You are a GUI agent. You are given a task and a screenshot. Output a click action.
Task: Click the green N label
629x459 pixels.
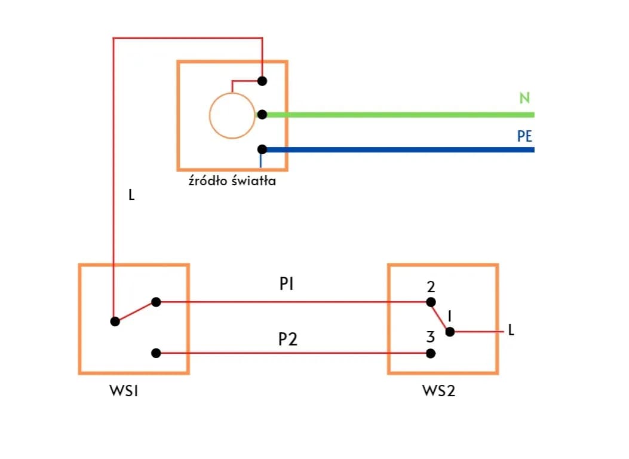click(x=524, y=99)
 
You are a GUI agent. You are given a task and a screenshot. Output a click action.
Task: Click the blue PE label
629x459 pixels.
click(x=524, y=136)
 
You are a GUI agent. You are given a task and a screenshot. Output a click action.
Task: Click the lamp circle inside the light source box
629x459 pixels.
click(x=232, y=116)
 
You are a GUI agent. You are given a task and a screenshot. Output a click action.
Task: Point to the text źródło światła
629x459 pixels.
click(x=232, y=180)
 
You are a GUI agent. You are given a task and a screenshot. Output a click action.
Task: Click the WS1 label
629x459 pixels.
click(x=124, y=391)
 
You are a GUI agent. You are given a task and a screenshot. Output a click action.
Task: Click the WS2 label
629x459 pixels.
click(x=439, y=391)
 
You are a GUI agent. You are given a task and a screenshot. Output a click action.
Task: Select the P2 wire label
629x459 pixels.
click(x=288, y=339)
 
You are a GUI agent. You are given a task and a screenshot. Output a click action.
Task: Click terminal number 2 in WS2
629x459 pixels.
click(x=431, y=287)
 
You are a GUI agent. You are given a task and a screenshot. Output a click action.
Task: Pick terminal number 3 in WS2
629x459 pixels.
click(x=430, y=337)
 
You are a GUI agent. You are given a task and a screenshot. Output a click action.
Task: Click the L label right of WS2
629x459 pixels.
click(x=510, y=330)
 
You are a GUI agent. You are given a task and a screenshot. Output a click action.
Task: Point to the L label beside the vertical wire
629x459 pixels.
click(x=131, y=195)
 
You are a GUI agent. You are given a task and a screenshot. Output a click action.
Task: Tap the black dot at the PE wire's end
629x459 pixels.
click(x=262, y=149)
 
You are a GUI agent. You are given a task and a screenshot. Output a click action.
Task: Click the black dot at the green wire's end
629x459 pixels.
click(x=262, y=115)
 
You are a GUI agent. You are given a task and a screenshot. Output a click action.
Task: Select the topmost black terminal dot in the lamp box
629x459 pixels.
click(x=262, y=81)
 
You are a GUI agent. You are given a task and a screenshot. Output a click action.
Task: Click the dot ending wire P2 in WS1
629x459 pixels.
click(x=156, y=353)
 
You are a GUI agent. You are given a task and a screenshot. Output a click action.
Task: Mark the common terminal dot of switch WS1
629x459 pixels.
click(x=115, y=321)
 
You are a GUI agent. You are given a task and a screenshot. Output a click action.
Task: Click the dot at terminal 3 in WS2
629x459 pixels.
click(x=431, y=353)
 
